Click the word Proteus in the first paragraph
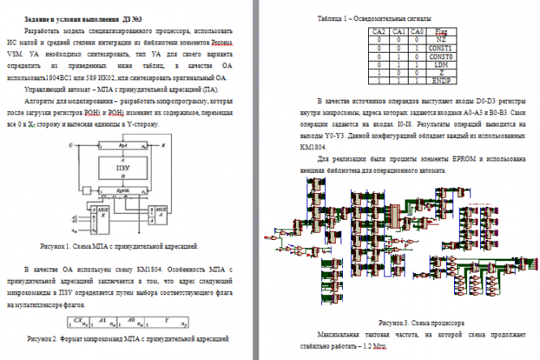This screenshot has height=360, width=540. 221,41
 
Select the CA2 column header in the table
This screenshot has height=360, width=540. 378,32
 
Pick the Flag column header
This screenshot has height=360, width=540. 443,32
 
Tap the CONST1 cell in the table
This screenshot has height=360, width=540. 443,47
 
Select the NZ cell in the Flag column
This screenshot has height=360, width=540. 443,39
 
